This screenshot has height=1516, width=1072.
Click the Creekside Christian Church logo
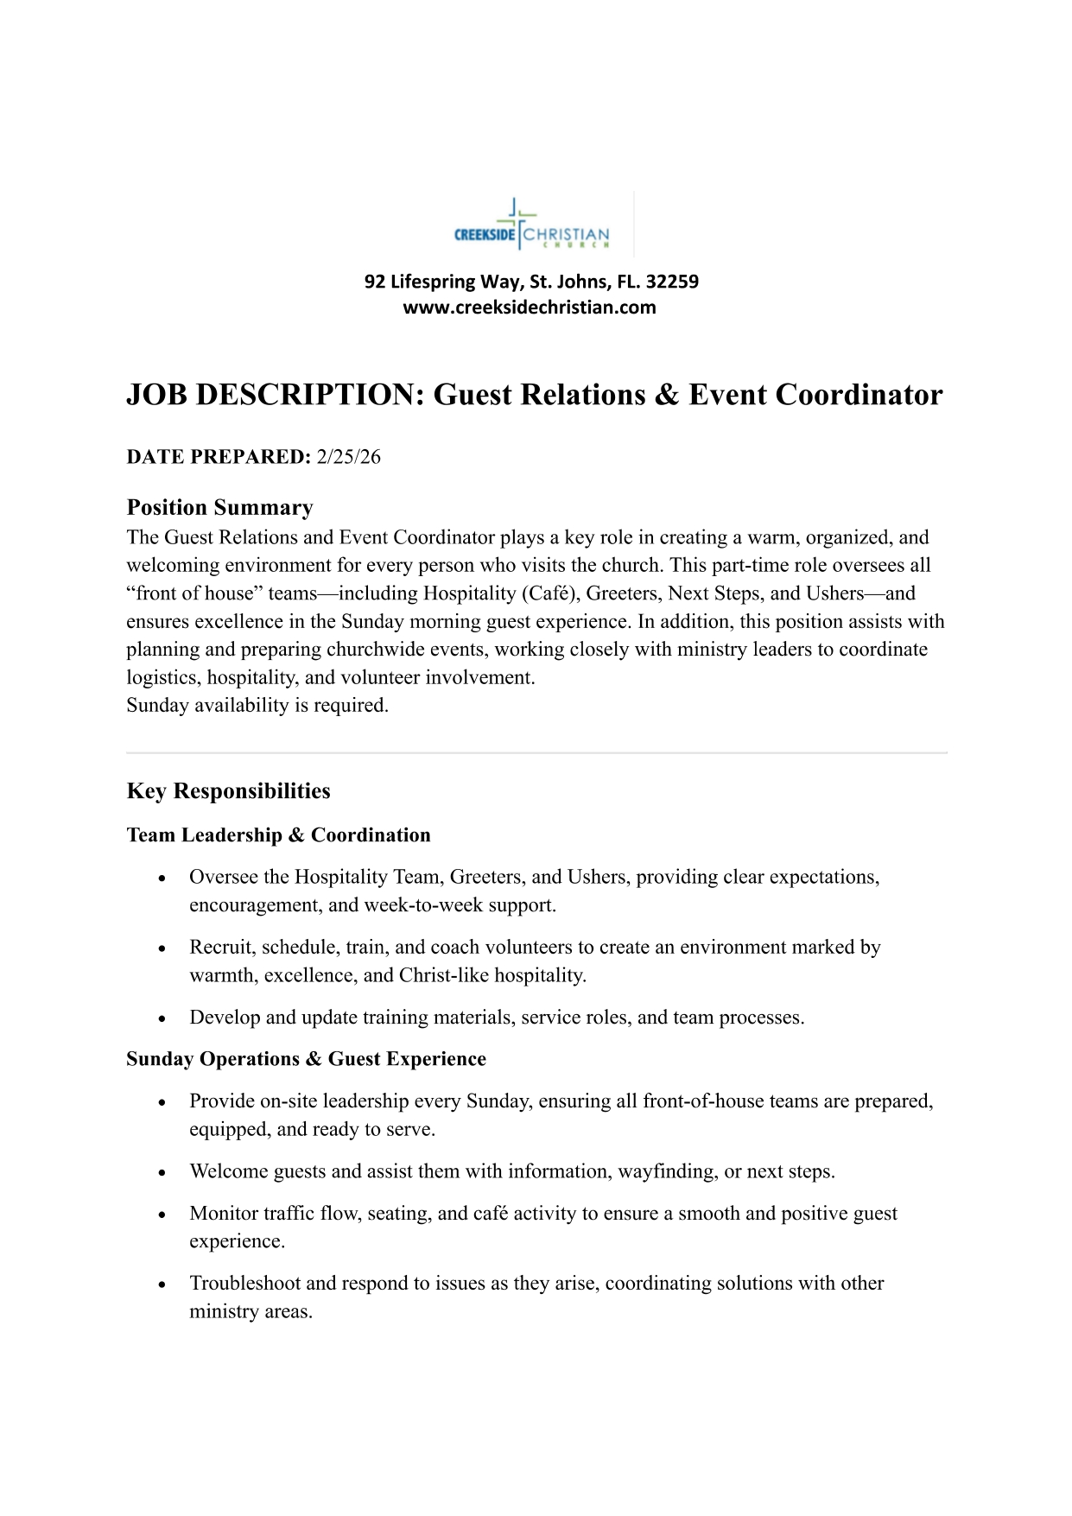tap(532, 226)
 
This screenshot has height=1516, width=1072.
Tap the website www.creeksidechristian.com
tap(530, 308)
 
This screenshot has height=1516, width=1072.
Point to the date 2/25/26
tap(348, 457)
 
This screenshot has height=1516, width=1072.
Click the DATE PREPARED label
tap(218, 457)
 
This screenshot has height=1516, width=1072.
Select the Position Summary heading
tap(219, 507)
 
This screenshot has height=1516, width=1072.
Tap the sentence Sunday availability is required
tap(257, 705)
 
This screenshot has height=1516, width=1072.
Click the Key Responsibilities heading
tap(228, 791)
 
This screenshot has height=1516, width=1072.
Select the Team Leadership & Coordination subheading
tap(278, 835)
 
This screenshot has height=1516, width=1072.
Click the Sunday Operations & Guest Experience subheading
tap(306, 1059)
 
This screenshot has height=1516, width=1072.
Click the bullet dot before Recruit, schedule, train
tap(162, 948)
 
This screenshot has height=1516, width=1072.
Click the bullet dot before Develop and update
tap(162, 1018)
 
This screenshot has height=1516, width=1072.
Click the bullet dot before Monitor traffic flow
tap(162, 1215)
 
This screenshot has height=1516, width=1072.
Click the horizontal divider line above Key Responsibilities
tap(536, 753)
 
